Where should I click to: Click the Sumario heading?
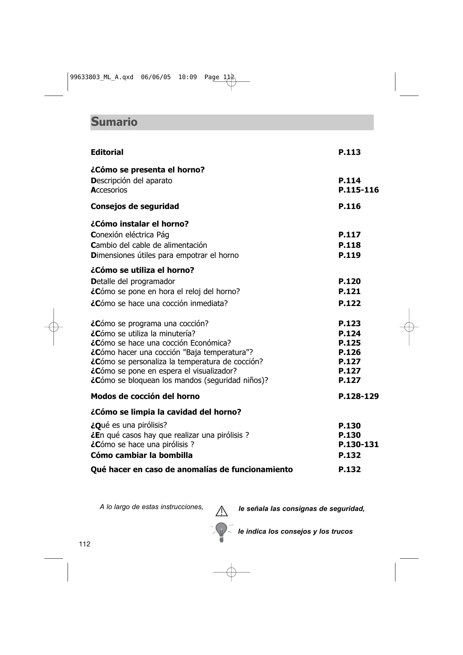(x=114, y=122)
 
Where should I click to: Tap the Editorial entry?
(x=107, y=152)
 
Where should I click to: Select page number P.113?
(x=349, y=152)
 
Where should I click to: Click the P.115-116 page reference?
(x=358, y=190)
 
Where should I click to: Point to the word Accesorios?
(x=109, y=190)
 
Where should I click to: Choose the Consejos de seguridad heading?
(x=135, y=206)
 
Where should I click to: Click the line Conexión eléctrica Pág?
(x=130, y=235)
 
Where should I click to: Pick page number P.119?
(x=349, y=255)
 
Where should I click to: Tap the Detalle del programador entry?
(x=133, y=281)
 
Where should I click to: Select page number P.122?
(x=349, y=303)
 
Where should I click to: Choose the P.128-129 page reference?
(x=358, y=396)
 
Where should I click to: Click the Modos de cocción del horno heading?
(x=145, y=396)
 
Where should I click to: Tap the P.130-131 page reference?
(x=358, y=445)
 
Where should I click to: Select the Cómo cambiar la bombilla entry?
(x=142, y=455)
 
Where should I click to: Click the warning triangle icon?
(x=221, y=511)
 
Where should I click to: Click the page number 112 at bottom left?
(x=85, y=544)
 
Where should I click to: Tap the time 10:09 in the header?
(x=187, y=77)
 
